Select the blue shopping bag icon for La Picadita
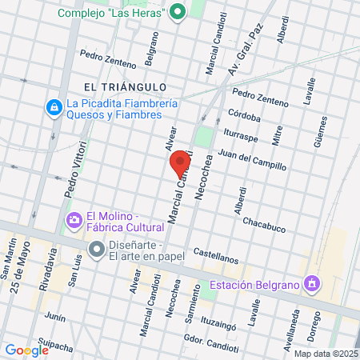click(x=54, y=106)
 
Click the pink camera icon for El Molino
click(x=74, y=219)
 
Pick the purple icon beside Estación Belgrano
click(x=312, y=284)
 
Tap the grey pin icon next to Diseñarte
click(x=97, y=250)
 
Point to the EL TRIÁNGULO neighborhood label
click(x=128, y=86)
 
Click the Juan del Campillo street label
click(x=251, y=159)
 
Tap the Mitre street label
click(x=277, y=136)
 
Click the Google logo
click(x=26, y=350)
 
